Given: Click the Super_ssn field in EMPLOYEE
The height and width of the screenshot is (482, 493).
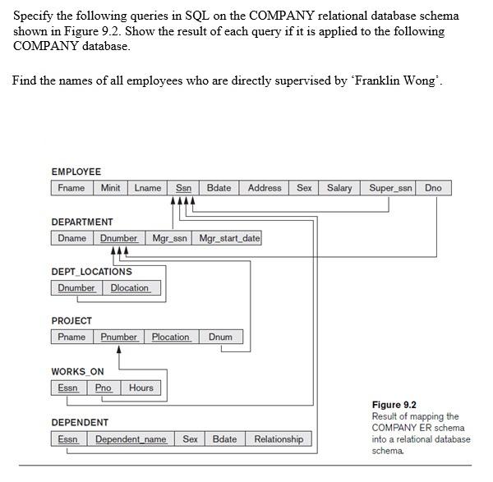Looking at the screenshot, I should (x=391, y=188).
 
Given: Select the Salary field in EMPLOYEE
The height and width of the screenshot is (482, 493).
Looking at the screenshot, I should (x=339, y=188).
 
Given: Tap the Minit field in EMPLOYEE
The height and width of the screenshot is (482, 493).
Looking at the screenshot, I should (x=110, y=188).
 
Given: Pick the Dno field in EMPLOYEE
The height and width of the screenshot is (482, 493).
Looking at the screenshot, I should (x=433, y=188).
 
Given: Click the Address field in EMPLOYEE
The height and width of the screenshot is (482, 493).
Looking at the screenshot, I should (x=265, y=188).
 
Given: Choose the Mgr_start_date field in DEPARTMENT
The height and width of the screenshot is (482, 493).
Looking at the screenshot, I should (x=229, y=238).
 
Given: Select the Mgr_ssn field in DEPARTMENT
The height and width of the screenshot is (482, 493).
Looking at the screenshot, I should (x=170, y=238).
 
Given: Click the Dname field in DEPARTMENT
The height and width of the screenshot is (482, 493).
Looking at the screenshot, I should (x=72, y=238).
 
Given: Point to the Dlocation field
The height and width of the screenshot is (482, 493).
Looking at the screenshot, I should (x=130, y=288).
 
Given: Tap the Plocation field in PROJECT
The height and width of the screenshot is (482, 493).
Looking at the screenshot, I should (x=171, y=337).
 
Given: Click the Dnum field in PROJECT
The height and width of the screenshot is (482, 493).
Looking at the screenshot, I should (x=220, y=337).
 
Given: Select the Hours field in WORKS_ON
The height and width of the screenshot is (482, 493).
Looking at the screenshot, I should (x=141, y=388).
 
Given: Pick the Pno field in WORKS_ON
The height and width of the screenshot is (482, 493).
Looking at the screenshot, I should (x=104, y=388).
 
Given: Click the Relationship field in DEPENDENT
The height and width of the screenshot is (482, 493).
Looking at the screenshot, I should (x=279, y=439).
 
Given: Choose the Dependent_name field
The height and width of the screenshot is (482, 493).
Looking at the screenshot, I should (x=131, y=439).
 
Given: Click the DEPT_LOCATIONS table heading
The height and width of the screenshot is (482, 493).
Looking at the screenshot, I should (x=91, y=272).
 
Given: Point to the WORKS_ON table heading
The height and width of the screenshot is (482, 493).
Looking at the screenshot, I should (x=77, y=372).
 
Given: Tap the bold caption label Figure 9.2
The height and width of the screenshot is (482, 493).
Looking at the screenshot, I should (x=394, y=405).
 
